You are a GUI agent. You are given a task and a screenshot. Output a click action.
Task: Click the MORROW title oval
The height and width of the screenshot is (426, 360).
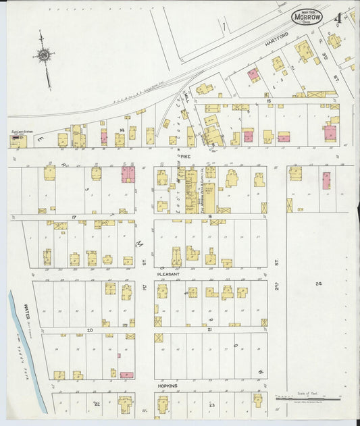pos(307,16)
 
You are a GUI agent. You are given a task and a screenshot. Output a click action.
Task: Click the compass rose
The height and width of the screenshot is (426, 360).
pos(45,55)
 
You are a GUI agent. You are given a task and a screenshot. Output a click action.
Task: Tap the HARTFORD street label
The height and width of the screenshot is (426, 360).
pos(277,42)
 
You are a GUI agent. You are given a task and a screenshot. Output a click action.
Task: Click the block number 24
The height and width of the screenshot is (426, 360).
pos(318,284)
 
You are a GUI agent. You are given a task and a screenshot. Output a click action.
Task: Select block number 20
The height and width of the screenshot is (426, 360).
pos(89,330)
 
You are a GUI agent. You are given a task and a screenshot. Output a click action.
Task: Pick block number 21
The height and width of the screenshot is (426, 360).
pos(210,330)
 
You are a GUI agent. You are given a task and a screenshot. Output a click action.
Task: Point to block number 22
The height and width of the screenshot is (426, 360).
pos(97,404)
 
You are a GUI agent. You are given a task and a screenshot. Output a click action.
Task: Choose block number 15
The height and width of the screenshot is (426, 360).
pos(268,101)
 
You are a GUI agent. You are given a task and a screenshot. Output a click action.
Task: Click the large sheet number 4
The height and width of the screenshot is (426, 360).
pos(337,17)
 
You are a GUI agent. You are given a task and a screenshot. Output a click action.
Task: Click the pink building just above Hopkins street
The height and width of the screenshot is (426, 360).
pos(126,375)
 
